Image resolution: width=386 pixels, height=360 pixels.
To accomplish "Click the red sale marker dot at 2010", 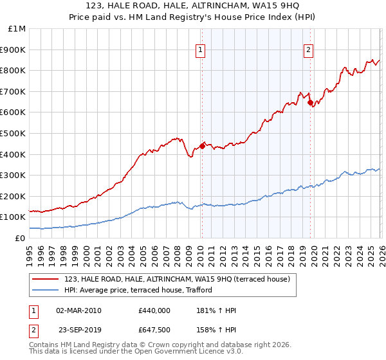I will tap(201, 146).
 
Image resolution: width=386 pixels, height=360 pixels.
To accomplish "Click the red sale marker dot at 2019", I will tap(310, 102).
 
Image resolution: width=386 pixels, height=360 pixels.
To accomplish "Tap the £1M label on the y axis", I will tap(17, 28).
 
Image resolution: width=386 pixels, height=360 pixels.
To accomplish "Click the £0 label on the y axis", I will tap(21, 238).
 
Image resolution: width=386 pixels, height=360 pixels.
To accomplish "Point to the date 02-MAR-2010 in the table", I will tap(79, 310).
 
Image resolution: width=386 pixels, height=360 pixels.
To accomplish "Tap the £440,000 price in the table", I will tap(154, 310).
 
